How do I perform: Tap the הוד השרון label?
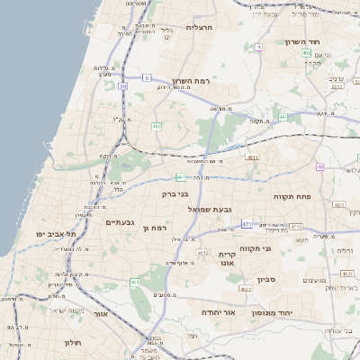click(303, 42)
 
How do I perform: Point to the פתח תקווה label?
click(292, 195)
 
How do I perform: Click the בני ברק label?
click(175, 193)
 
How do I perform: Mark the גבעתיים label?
click(120, 222)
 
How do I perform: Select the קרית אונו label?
click(227, 259)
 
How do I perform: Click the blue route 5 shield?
click(146, 78)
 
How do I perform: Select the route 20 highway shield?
click(122, 86)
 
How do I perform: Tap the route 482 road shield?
click(156, 126)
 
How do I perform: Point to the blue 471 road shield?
click(247, 222)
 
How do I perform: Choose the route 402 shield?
click(307, 53)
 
